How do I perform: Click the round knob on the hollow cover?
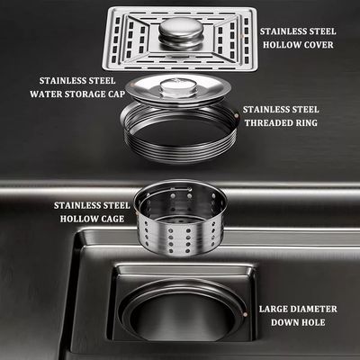(181, 32)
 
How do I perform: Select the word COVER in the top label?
(318, 45)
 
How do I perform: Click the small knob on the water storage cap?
(178, 87)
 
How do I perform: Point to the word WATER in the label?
(45, 94)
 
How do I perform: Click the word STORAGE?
(85, 94)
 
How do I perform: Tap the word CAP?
(117, 94)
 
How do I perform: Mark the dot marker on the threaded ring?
(237, 115)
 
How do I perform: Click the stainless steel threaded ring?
(179, 132)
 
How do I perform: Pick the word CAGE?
(112, 219)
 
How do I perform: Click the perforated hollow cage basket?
(180, 218)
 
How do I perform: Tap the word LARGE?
(272, 309)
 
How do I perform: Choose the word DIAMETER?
(312, 309)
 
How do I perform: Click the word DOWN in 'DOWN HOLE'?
(283, 322)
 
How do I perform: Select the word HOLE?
(312, 322)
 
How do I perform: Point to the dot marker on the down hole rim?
(246, 314)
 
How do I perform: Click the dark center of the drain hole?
(182, 318)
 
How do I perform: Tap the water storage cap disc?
(178, 89)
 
